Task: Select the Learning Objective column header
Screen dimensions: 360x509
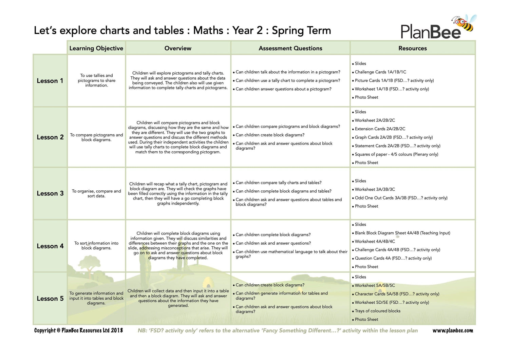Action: click(96, 48)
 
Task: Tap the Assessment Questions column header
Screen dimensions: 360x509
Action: click(290, 48)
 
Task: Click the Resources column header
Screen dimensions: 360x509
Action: click(412, 48)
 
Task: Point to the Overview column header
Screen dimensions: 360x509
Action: click(178, 48)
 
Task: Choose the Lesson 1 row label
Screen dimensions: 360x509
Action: click(50, 81)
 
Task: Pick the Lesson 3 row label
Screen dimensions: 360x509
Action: click(50, 193)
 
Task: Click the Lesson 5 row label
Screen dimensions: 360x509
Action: click(50, 299)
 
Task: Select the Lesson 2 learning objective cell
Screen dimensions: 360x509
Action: click(96, 137)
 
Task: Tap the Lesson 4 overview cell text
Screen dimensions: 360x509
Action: click(178, 246)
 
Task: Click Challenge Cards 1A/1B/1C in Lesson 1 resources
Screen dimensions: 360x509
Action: click(380, 72)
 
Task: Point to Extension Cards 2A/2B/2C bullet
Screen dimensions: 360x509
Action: click(380, 129)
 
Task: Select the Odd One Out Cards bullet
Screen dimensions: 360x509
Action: click(401, 198)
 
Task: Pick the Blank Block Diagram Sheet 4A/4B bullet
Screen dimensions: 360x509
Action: click(402, 233)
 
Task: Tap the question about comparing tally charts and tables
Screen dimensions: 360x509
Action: click(278, 183)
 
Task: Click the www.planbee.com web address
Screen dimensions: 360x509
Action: click(452, 330)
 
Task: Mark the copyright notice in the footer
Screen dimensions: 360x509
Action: click(78, 330)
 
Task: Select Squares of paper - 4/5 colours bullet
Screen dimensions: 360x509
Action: click(396, 154)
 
